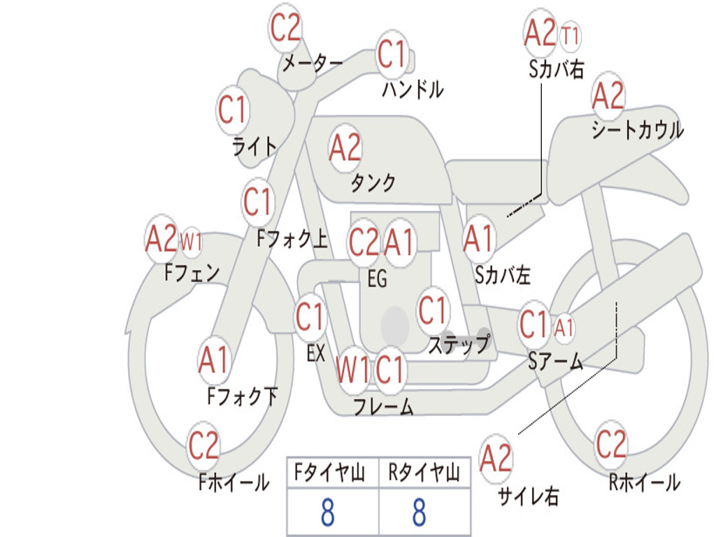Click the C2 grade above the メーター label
click(285, 27)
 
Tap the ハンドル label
click(413, 89)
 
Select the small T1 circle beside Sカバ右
click(570, 36)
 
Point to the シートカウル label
click(638, 129)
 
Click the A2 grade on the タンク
click(345, 148)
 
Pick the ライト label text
click(255, 147)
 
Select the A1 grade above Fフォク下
click(213, 360)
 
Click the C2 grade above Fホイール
click(203, 445)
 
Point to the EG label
click(377, 278)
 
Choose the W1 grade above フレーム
click(352, 369)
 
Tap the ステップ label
click(459, 344)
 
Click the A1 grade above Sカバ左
click(478, 239)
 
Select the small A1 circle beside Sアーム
click(564, 328)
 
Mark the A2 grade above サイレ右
click(496, 458)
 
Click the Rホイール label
click(645, 482)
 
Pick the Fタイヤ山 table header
click(329, 472)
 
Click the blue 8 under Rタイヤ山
click(420, 512)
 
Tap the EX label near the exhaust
click(316, 353)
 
